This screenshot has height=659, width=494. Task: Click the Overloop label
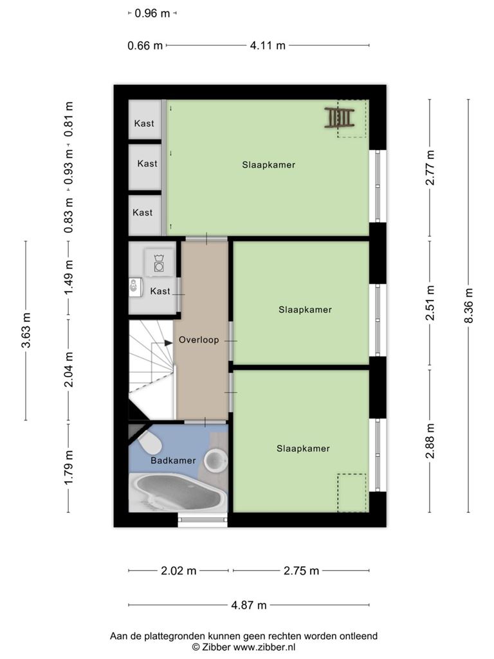[199, 340]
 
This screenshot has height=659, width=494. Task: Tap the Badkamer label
[173, 461]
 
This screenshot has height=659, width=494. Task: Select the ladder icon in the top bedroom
[339, 117]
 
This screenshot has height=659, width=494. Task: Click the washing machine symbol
[159, 263]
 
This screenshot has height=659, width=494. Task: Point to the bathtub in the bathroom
[178, 492]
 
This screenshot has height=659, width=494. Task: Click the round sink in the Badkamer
[216, 459]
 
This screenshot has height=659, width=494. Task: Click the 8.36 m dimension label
[469, 306]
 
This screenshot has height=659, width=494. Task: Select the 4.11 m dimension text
[268, 46]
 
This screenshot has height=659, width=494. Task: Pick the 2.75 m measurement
[301, 571]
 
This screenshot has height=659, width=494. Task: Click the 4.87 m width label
[249, 605]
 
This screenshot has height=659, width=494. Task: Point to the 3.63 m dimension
[26, 330]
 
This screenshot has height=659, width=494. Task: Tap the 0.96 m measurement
[152, 14]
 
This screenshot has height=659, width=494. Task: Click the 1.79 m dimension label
[68, 467]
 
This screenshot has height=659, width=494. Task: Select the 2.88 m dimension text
[430, 441]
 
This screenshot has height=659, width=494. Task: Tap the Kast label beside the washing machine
[160, 292]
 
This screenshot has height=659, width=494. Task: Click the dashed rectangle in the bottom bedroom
[352, 493]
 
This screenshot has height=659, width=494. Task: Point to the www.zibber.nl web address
[264, 647]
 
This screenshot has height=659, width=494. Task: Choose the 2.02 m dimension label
[179, 571]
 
